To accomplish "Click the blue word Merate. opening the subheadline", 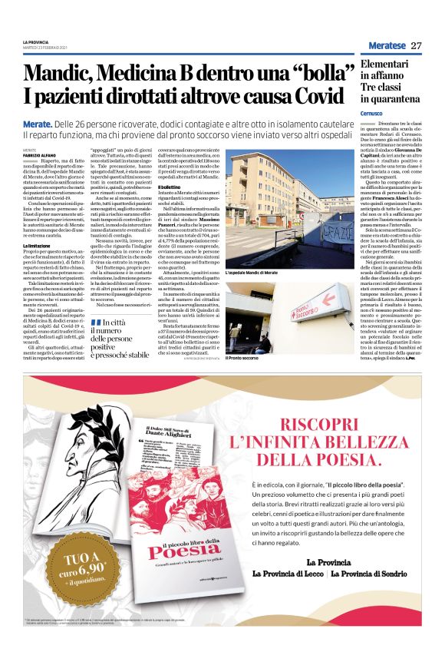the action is [38, 124].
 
